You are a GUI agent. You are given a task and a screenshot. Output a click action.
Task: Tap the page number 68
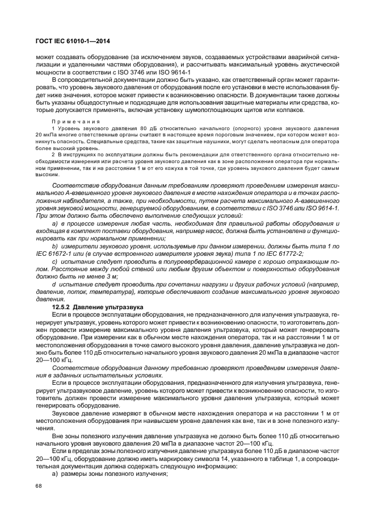point(40,485)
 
